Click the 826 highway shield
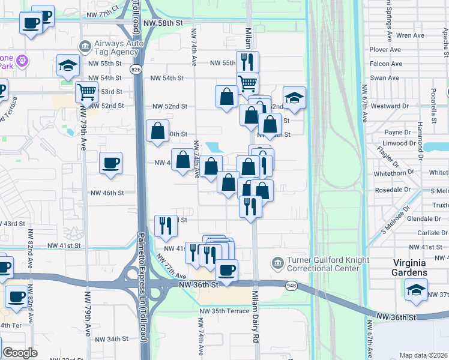click(137, 70)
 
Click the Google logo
click(20, 353)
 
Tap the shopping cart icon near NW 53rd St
click(86, 92)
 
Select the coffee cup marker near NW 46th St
click(110, 163)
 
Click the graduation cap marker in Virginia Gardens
click(416, 290)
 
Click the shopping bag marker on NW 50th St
click(157, 131)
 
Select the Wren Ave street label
click(410, 35)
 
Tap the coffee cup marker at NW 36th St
click(227, 270)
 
